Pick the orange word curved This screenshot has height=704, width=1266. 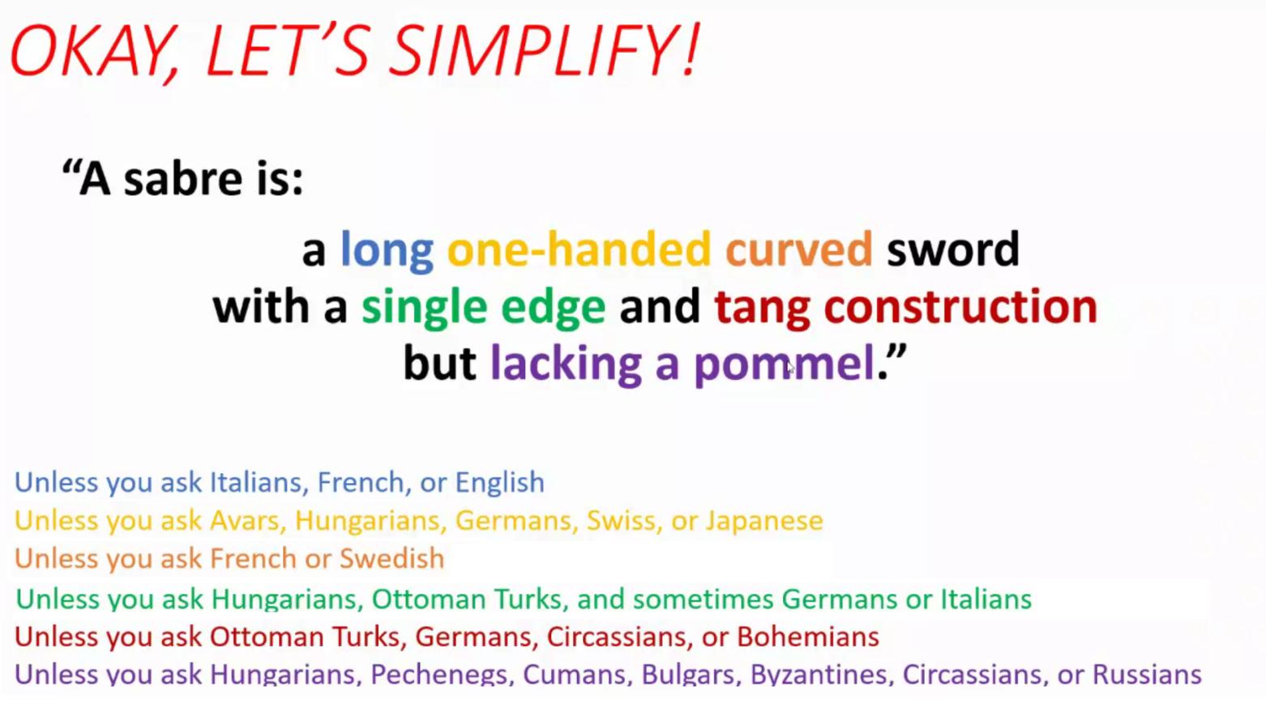point(799,250)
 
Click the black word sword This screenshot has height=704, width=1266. point(953,250)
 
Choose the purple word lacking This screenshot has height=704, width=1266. point(566,365)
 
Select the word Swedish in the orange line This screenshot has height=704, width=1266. point(391,558)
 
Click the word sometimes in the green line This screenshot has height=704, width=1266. point(703,599)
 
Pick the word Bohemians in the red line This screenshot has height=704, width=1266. point(807,637)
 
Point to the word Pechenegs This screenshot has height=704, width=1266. point(442,675)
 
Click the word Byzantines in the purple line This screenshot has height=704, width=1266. point(822,675)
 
